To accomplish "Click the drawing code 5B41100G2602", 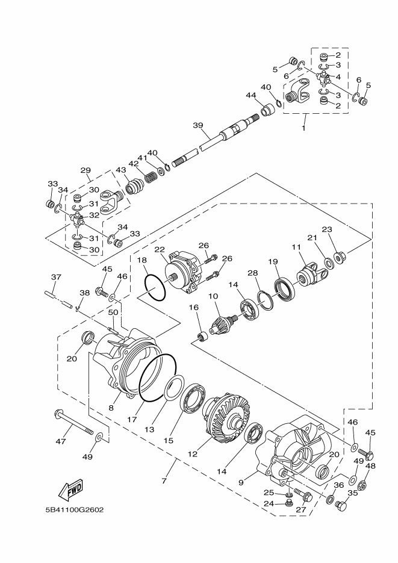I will coord(75,509).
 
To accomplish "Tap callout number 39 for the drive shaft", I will coord(197,125).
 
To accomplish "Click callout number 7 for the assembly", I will coord(163,482).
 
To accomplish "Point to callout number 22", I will coord(160,249).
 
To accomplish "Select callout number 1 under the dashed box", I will coord(303,128).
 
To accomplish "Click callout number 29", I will coord(86,170).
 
